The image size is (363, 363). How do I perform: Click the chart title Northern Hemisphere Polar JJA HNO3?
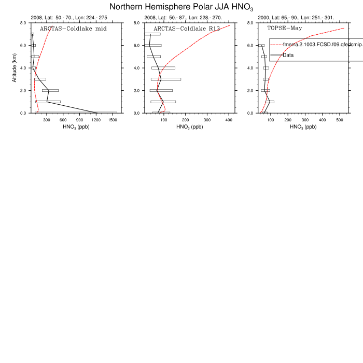[181, 7]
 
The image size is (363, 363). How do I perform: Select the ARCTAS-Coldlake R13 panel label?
[187, 29]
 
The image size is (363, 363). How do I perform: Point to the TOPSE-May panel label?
[285, 29]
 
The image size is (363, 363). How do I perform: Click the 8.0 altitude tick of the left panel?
[23, 23]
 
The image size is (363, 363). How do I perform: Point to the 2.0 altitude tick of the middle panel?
[137, 90]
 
